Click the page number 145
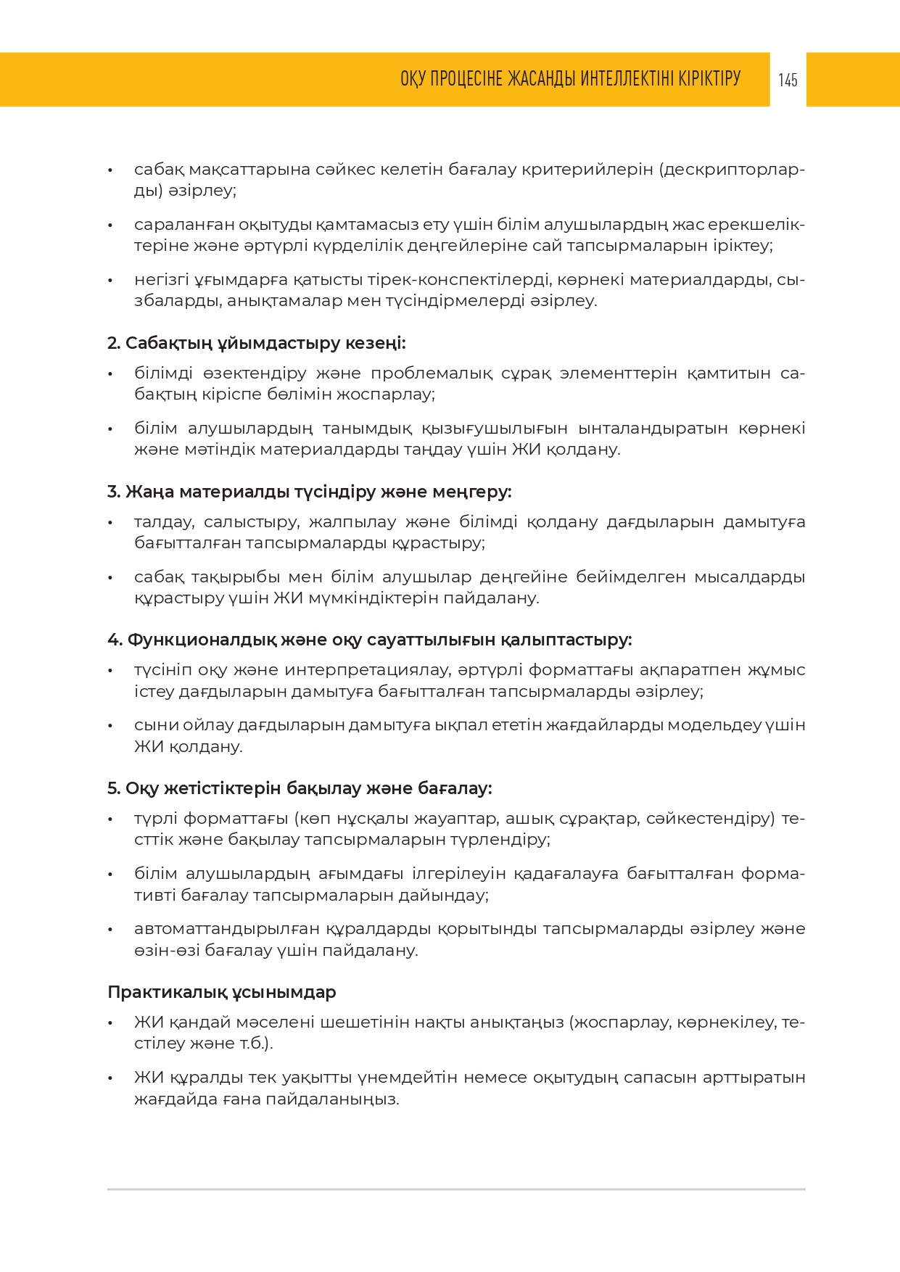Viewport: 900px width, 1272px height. (x=788, y=80)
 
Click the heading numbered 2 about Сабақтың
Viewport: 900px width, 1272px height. (x=256, y=343)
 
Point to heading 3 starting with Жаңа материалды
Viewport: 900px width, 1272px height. (x=309, y=492)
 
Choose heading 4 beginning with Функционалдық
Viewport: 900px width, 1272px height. (x=369, y=640)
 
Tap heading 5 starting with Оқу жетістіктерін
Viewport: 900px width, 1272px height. (x=300, y=788)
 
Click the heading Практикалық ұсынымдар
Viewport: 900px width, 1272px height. (x=221, y=992)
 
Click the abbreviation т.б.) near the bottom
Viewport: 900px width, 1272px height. (x=256, y=1044)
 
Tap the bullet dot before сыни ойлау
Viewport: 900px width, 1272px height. (x=110, y=726)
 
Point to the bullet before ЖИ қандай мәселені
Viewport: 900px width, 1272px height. (x=110, y=1023)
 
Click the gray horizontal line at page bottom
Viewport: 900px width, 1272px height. (x=456, y=1189)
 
